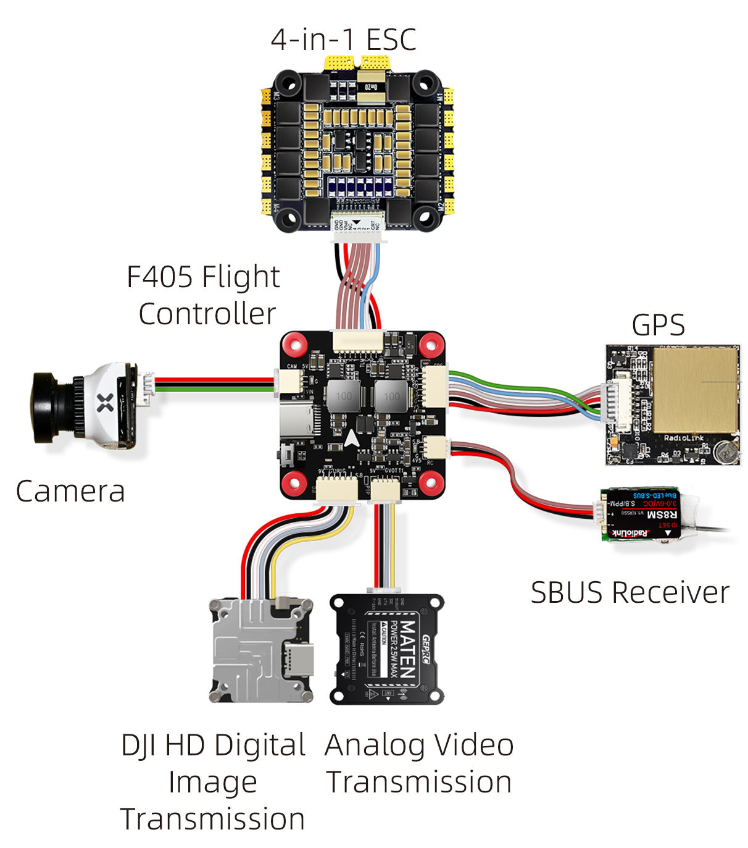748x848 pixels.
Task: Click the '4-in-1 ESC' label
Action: pos(343,40)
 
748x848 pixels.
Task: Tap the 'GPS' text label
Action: pos(658,325)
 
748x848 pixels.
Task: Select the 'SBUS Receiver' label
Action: pos(630,592)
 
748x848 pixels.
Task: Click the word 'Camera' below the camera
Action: pos(70,492)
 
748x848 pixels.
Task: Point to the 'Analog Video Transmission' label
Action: pos(419,763)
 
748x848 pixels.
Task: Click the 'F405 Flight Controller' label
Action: pos(204,295)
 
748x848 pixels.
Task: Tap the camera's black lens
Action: pos(47,407)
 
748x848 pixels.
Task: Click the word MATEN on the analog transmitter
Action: pos(407,648)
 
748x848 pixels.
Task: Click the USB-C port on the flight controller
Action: pos(296,421)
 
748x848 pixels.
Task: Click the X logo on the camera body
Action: pos(106,403)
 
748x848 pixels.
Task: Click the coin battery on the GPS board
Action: pos(726,452)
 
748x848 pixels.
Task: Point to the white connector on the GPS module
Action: pos(620,405)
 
